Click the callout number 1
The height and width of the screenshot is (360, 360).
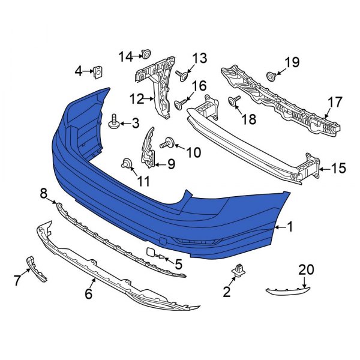(x=290, y=227)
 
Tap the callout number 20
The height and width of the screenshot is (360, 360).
(x=307, y=271)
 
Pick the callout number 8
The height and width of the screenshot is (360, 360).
(x=44, y=193)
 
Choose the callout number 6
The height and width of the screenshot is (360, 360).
(x=89, y=293)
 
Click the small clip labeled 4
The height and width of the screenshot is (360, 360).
(x=96, y=73)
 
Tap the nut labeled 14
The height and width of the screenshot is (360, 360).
(x=146, y=55)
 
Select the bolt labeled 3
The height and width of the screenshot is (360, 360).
(x=113, y=124)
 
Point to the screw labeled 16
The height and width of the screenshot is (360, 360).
(x=179, y=105)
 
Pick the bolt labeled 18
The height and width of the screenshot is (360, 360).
(x=233, y=101)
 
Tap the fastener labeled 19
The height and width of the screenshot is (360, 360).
(x=271, y=76)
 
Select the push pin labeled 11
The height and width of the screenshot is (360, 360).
(x=127, y=163)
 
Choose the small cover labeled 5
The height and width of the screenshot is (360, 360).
(x=152, y=255)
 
